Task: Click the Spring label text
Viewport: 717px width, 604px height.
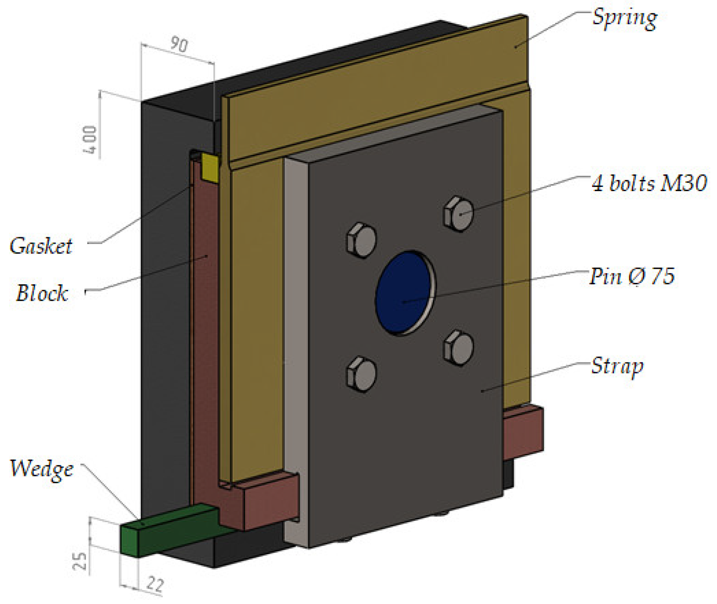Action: pyautogui.click(x=624, y=18)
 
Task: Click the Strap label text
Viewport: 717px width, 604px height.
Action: pyautogui.click(x=617, y=366)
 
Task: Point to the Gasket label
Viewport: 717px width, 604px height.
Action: pyautogui.click(x=41, y=246)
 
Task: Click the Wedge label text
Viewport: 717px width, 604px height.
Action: pyautogui.click(x=42, y=469)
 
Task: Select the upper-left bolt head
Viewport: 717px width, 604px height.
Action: pyautogui.click(x=362, y=240)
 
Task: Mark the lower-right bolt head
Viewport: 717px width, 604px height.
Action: pyautogui.click(x=459, y=348)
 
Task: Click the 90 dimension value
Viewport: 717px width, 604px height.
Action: pyautogui.click(x=179, y=44)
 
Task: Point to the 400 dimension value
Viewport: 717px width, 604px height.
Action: pyautogui.click(x=90, y=139)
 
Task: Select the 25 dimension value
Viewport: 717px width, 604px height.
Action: pyautogui.click(x=80, y=561)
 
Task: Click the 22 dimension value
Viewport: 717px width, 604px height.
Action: pyautogui.click(x=155, y=584)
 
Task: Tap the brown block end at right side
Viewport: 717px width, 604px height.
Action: pyautogui.click(x=523, y=433)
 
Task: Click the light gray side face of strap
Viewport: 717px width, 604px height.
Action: pyautogui.click(x=296, y=351)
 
